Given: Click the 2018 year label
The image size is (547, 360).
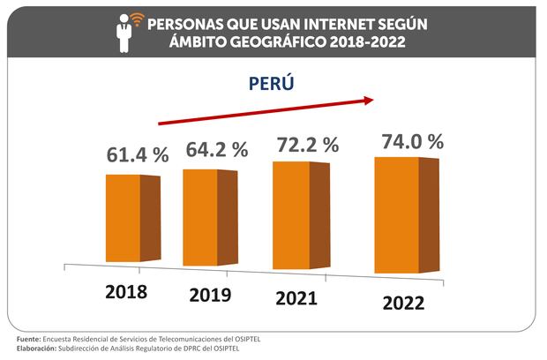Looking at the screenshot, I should tap(124, 290).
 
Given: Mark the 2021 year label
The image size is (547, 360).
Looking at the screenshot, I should tap(296, 297).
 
